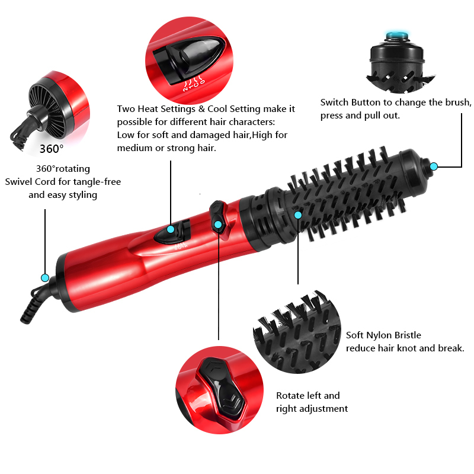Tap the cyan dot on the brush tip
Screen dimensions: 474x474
tap(433, 166)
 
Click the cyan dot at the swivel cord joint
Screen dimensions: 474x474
tap(44, 277)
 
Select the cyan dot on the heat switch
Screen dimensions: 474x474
tap(171, 229)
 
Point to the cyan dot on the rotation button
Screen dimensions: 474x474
tap(218, 224)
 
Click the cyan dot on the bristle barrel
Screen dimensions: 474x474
tap(298, 214)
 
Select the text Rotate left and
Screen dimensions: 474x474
tap(308, 395)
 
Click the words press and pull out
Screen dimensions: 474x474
tap(360, 115)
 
